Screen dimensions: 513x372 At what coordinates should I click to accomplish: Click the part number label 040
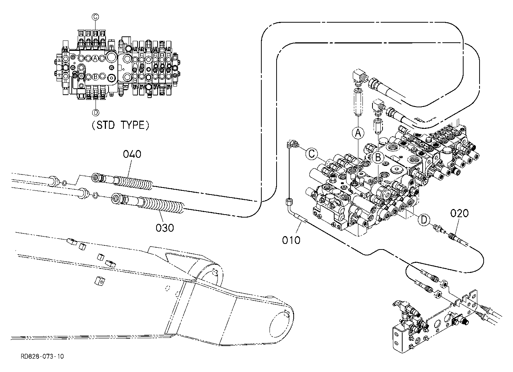pyautogui.click(x=132, y=154)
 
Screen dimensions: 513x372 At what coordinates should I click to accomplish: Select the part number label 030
pyautogui.click(x=165, y=228)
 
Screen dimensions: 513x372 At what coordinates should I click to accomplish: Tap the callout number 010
pyautogui.click(x=291, y=240)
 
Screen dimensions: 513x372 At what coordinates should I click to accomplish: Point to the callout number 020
pyautogui.click(x=459, y=213)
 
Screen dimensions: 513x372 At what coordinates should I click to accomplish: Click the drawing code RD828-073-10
pyautogui.click(x=42, y=356)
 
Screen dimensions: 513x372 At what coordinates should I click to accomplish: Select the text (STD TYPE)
pyautogui.click(x=120, y=125)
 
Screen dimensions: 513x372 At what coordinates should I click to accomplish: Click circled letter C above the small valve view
pyautogui.click(x=95, y=17)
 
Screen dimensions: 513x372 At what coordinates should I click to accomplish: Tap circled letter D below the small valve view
pyautogui.click(x=96, y=112)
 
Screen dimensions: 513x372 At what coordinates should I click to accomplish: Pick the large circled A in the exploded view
pyautogui.click(x=358, y=133)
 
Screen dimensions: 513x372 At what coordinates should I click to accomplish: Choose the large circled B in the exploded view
pyautogui.click(x=378, y=157)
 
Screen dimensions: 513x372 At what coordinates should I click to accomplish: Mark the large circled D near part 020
pyautogui.click(x=424, y=220)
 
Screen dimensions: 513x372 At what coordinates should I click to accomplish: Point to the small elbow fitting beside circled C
pyautogui.click(x=292, y=144)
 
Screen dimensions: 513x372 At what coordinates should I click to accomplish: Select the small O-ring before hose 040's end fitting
pyautogui.click(x=65, y=183)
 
